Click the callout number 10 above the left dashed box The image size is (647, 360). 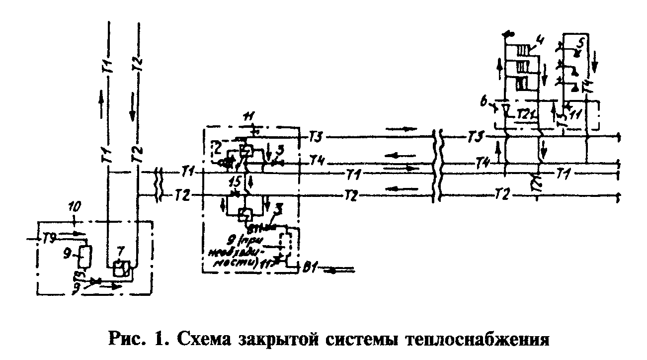[x=73, y=205]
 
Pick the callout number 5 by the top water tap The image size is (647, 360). [x=579, y=38]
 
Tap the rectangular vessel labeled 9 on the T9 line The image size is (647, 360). [x=85, y=257]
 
